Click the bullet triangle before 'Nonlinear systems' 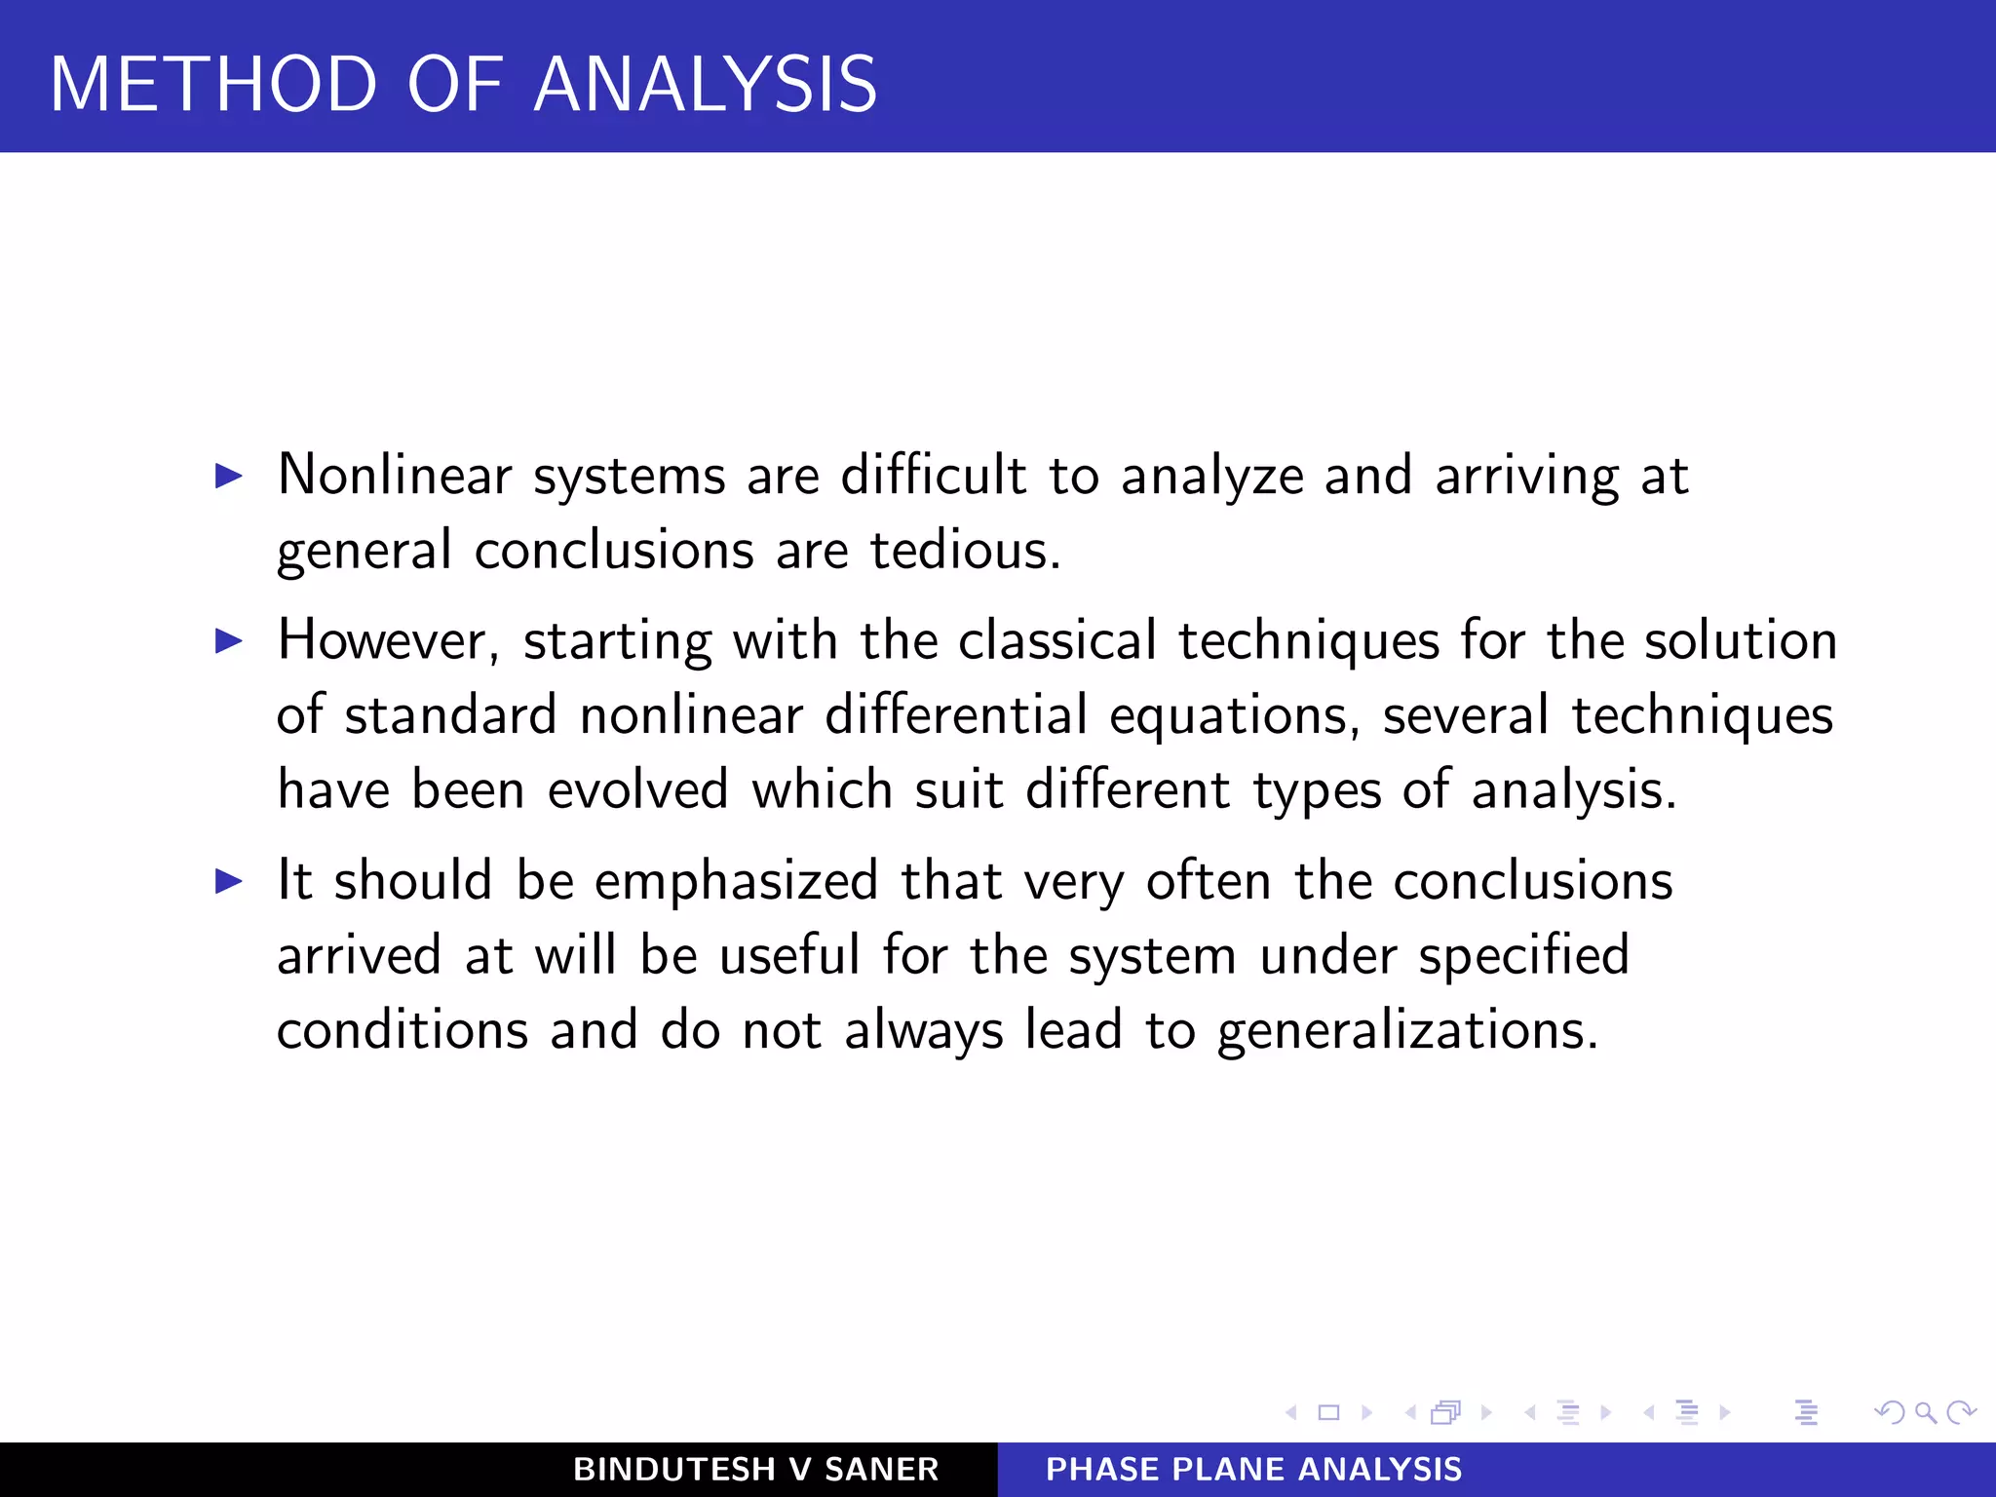pos(228,476)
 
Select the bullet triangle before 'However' pos(228,640)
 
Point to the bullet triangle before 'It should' pos(228,881)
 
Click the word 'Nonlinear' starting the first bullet pos(395,476)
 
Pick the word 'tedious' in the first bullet pos(960,551)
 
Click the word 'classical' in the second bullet pos(1056,641)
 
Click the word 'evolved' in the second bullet pos(637,789)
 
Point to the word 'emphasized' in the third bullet pos(737,881)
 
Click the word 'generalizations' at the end pos(1406,1031)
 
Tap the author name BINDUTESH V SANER pos(755,1469)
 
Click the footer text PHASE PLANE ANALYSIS pos(1253,1469)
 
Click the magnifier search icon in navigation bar pos(1925,1412)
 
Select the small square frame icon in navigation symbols pos(1328,1412)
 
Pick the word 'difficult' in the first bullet pos(933,476)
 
